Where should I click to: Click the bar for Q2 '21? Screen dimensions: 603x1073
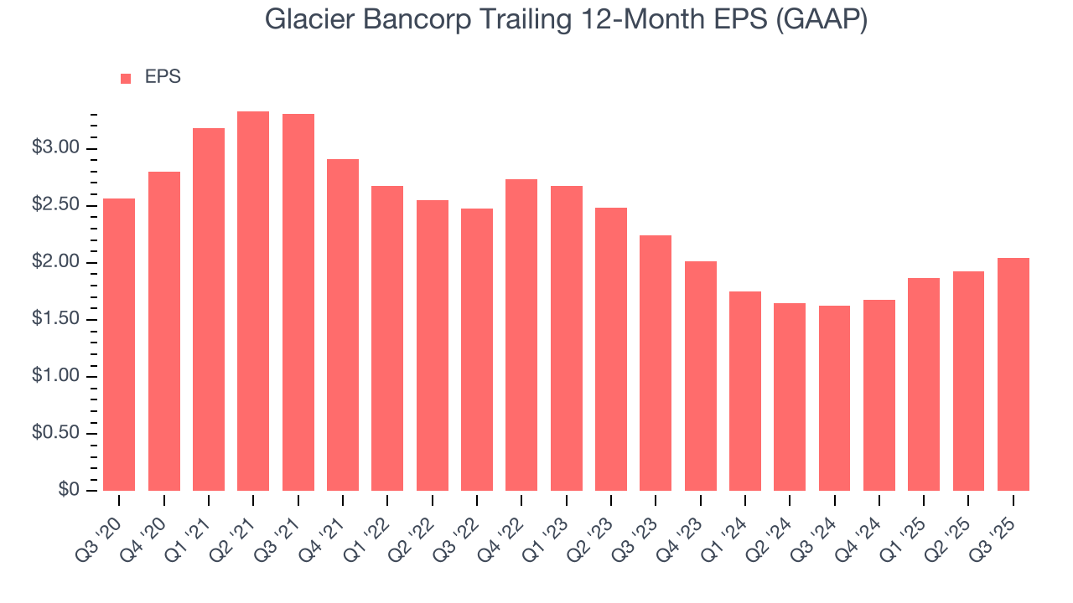point(253,301)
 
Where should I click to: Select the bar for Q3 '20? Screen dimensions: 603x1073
point(119,344)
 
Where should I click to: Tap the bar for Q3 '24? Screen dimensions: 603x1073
point(834,398)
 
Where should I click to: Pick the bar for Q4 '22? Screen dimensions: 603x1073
point(521,335)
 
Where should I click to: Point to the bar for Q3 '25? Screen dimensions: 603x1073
point(1013,374)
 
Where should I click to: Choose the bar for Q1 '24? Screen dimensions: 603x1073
point(745,391)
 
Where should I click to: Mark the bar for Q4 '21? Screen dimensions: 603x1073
point(343,325)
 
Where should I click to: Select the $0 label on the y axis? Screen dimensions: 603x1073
point(69,491)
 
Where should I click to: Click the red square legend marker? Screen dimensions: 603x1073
point(126,79)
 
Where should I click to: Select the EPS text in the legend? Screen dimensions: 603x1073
point(163,77)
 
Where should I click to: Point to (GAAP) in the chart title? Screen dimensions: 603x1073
point(822,19)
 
